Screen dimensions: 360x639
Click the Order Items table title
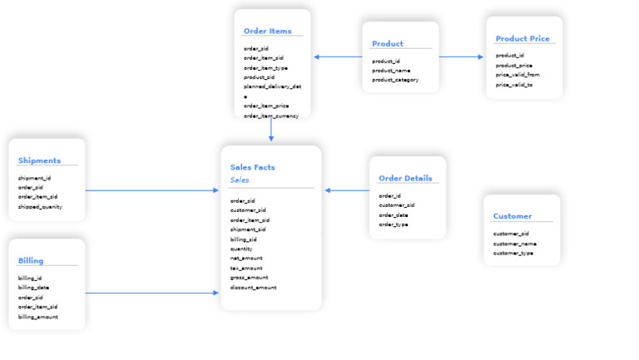tap(267, 32)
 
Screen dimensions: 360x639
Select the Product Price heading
tap(522, 39)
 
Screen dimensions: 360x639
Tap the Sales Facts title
tap(252, 167)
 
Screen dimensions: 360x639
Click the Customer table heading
tap(512, 216)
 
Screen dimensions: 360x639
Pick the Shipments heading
tap(39, 160)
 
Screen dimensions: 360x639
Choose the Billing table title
tap(31, 260)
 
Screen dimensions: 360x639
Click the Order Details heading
tap(404, 179)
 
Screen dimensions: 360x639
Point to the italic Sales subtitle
tap(240, 180)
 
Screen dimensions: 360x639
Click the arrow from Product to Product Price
tap(461, 57)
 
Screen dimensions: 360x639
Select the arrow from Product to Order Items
tap(338, 57)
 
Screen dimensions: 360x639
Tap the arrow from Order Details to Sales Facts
tap(347, 190)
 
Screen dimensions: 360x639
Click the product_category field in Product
tap(395, 80)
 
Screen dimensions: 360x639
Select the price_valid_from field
tap(518, 75)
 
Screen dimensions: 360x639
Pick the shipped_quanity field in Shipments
tap(40, 206)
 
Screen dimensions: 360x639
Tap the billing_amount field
tap(38, 316)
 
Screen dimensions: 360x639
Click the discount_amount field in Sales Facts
tap(253, 288)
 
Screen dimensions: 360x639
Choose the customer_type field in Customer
tap(513, 253)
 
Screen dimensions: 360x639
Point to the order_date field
tap(394, 215)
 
